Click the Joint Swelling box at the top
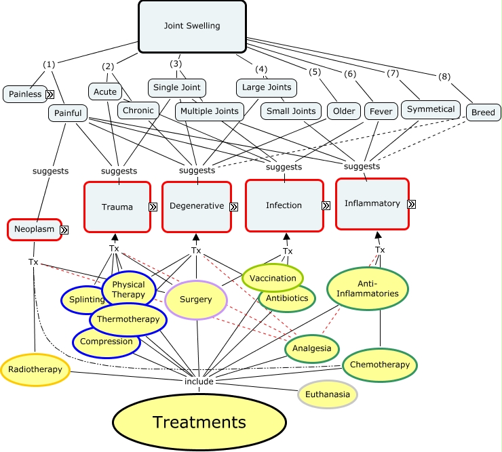pyautogui.click(x=192, y=26)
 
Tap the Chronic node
pyautogui.click(x=138, y=110)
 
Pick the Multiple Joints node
pyautogui.click(x=210, y=111)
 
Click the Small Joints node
pyautogui.click(x=291, y=111)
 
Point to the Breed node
pyautogui.click(x=483, y=112)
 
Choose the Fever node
pyautogui.click(x=381, y=111)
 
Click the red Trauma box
pyautogui.click(x=117, y=206)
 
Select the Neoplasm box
pyautogui.click(x=35, y=229)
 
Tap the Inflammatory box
pyautogui.click(x=372, y=203)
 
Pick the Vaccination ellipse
pyautogui.click(x=273, y=278)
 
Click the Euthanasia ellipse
pyautogui.click(x=328, y=394)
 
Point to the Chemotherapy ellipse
pyautogui.click(x=379, y=365)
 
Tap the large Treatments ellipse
pyautogui.click(x=199, y=422)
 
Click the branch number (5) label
pyautogui.click(x=314, y=72)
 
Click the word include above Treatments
pyautogui.click(x=199, y=382)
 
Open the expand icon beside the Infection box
pyautogui.click(x=326, y=205)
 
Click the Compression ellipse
pyautogui.click(x=107, y=342)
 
